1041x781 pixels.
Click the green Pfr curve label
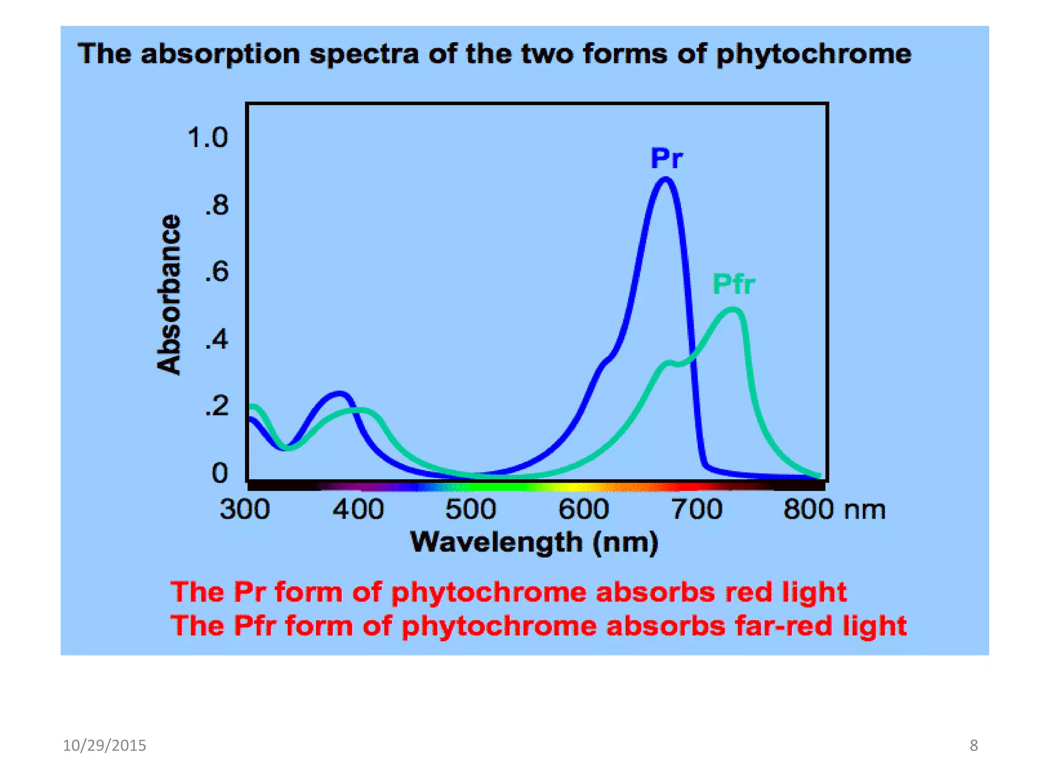tap(733, 284)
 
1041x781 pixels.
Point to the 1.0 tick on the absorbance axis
tap(207, 138)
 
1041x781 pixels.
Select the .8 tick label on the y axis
tap(217, 206)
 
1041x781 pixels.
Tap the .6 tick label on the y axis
tap(217, 273)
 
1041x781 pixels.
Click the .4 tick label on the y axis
tap(217, 340)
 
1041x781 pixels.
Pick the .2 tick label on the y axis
tap(217, 407)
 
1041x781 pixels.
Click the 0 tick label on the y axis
tap(220, 473)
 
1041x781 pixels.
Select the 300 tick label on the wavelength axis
tap(244, 509)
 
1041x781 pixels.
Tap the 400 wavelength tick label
tap(358, 509)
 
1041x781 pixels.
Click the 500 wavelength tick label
tap(471, 509)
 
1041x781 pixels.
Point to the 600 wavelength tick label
tap(584, 509)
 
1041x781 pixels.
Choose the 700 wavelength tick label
tap(696, 509)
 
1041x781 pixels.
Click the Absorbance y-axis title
tap(169, 294)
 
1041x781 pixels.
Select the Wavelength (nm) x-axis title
tap(534, 542)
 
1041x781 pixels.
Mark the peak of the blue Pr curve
tap(665, 179)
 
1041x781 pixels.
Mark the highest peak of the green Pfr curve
tap(732, 309)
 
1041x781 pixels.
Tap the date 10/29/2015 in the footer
tap(104, 745)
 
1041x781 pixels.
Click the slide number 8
tap(973, 745)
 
